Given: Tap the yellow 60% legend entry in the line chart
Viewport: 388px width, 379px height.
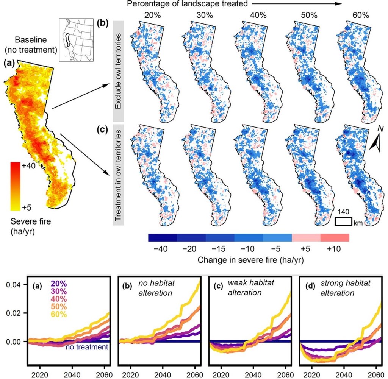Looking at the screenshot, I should (59, 313).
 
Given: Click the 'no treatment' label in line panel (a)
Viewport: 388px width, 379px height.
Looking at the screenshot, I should (87, 347).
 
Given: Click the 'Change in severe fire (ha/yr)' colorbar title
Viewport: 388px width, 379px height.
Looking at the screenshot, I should (248, 261).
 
